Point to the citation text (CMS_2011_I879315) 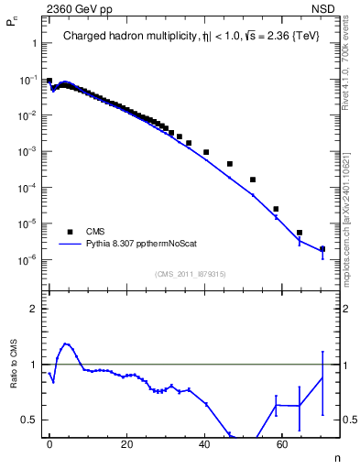click(190, 274)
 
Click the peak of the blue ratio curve click(65, 344)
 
